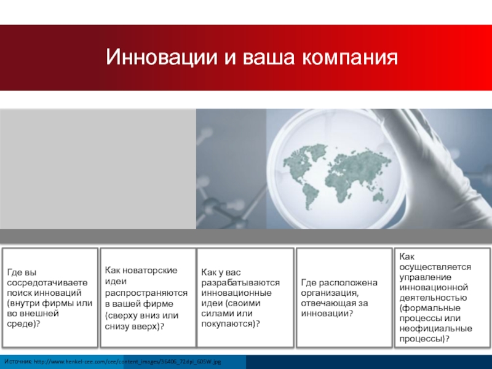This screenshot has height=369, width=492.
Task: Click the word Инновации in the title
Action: (162, 57)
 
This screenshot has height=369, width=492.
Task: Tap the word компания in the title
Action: (350, 57)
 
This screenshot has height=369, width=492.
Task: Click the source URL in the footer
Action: (127, 362)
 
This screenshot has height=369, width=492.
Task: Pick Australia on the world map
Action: (379, 197)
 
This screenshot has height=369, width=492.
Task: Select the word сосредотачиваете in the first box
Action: (47, 282)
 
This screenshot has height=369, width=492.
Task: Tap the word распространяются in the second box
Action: (146, 293)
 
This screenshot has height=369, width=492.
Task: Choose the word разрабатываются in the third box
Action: (240, 283)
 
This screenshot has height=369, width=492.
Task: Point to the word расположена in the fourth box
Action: (345, 283)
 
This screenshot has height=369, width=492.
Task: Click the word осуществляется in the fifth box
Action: (435, 267)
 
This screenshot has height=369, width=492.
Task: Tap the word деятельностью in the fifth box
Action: (433, 298)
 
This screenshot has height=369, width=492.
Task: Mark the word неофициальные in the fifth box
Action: (436, 328)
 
